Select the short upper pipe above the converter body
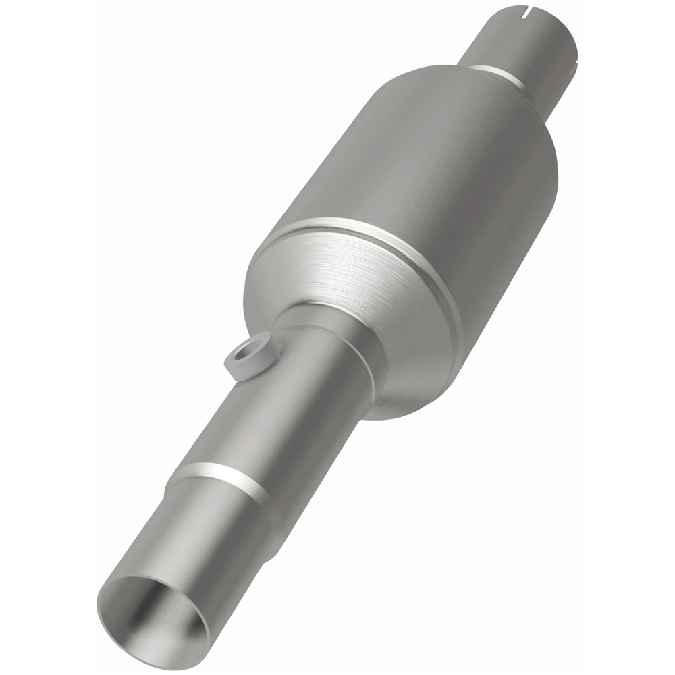click(x=520, y=47)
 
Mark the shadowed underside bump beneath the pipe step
click(x=270, y=540)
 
